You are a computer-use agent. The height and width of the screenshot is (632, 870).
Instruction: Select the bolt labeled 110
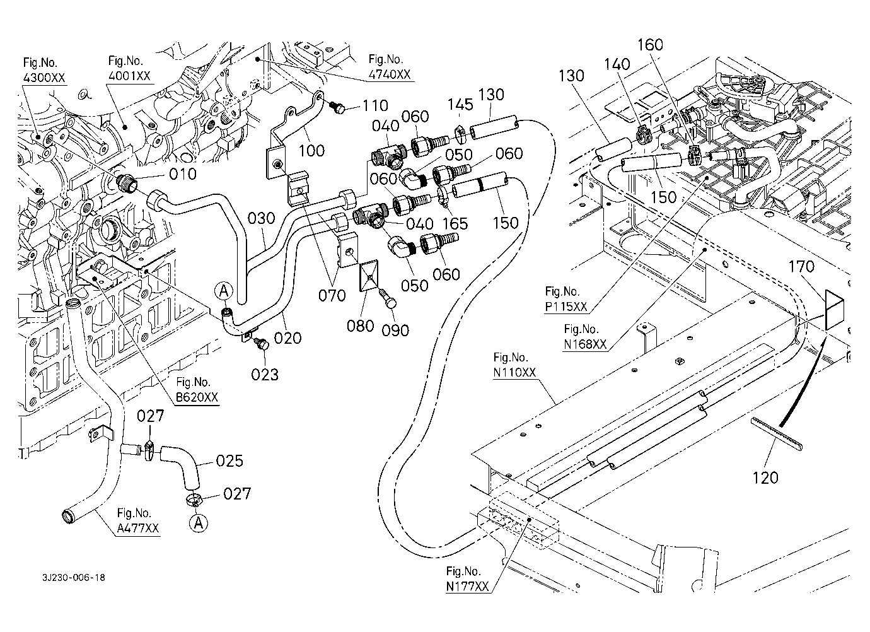pyautogui.click(x=339, y=109)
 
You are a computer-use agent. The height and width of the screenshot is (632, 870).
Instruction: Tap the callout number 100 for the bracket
pyautogui.click(x=312, y=150)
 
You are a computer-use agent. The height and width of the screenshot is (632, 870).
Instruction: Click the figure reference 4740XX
pyautogui.click(x=389, y=74)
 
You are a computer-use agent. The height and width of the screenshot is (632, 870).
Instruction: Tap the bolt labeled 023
pyautogui.click(x=261, y=344)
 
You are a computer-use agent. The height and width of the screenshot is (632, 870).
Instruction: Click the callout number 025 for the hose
pyautogui.click(x=229, y=461)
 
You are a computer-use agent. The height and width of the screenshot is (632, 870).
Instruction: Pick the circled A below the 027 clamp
pyautogui.click(x=199, y=522)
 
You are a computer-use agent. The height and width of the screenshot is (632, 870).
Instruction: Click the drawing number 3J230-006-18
pyautogui.click(x=74, y=576)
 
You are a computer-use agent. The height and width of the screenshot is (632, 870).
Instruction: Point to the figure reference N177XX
pyautogui.click(x=467, y=587)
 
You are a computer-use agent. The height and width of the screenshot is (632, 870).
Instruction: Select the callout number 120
pyautogui.click(x=765, y=477)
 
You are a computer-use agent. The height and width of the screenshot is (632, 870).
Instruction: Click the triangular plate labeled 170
pyautogui.click(x=835, y=309)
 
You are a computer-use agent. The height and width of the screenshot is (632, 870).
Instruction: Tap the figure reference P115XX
pyautogui.click(x=566, y=307)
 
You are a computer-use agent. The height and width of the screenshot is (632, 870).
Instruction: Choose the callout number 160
pyautogui.click(x=651, y=45)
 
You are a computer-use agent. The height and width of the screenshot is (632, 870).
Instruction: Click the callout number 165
pyautogui.click(x=455, y=223)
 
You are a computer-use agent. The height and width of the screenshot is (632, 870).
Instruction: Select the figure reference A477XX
pyautogui.click(x=138, y=529)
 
